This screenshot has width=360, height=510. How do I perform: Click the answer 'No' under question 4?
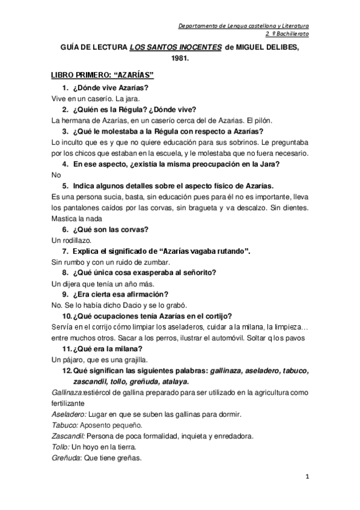click(57, 175)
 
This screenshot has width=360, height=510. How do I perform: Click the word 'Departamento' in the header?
click(202, 26)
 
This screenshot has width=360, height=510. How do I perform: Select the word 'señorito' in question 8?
click(198, 272)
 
